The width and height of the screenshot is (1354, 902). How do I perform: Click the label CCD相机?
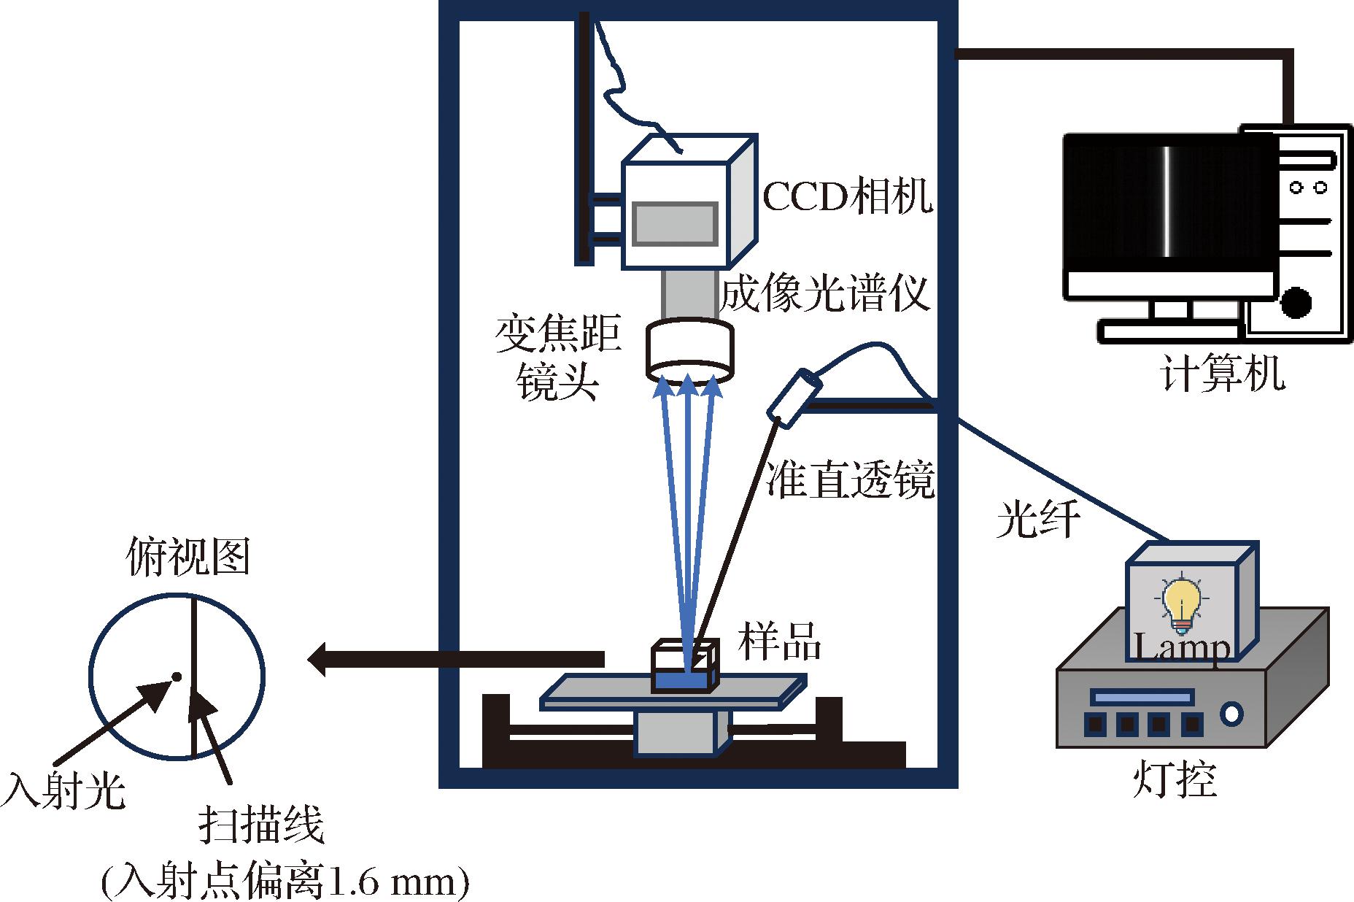(848, 196)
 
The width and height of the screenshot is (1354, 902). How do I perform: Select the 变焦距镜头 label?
(558, 358)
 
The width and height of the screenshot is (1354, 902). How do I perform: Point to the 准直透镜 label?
(850, 481)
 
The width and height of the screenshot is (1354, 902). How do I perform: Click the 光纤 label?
(1038, 520)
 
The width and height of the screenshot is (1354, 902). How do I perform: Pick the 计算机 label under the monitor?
(1222, 374)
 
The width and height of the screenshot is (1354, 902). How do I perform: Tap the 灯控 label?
(1175, 779)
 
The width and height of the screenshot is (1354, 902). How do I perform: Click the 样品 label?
(779, 642)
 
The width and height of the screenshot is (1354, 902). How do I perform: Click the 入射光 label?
(64, 790)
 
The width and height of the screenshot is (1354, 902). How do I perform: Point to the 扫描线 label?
(261, 825)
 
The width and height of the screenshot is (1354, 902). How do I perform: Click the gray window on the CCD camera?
(674, 223)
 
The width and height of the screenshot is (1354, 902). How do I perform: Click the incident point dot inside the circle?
(176, 676)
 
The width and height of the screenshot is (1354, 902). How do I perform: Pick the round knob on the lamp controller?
(1232, 713)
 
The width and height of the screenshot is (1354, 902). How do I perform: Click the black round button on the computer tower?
(1296, 302)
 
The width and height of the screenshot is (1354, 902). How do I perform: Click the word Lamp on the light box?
(1182, 648)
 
